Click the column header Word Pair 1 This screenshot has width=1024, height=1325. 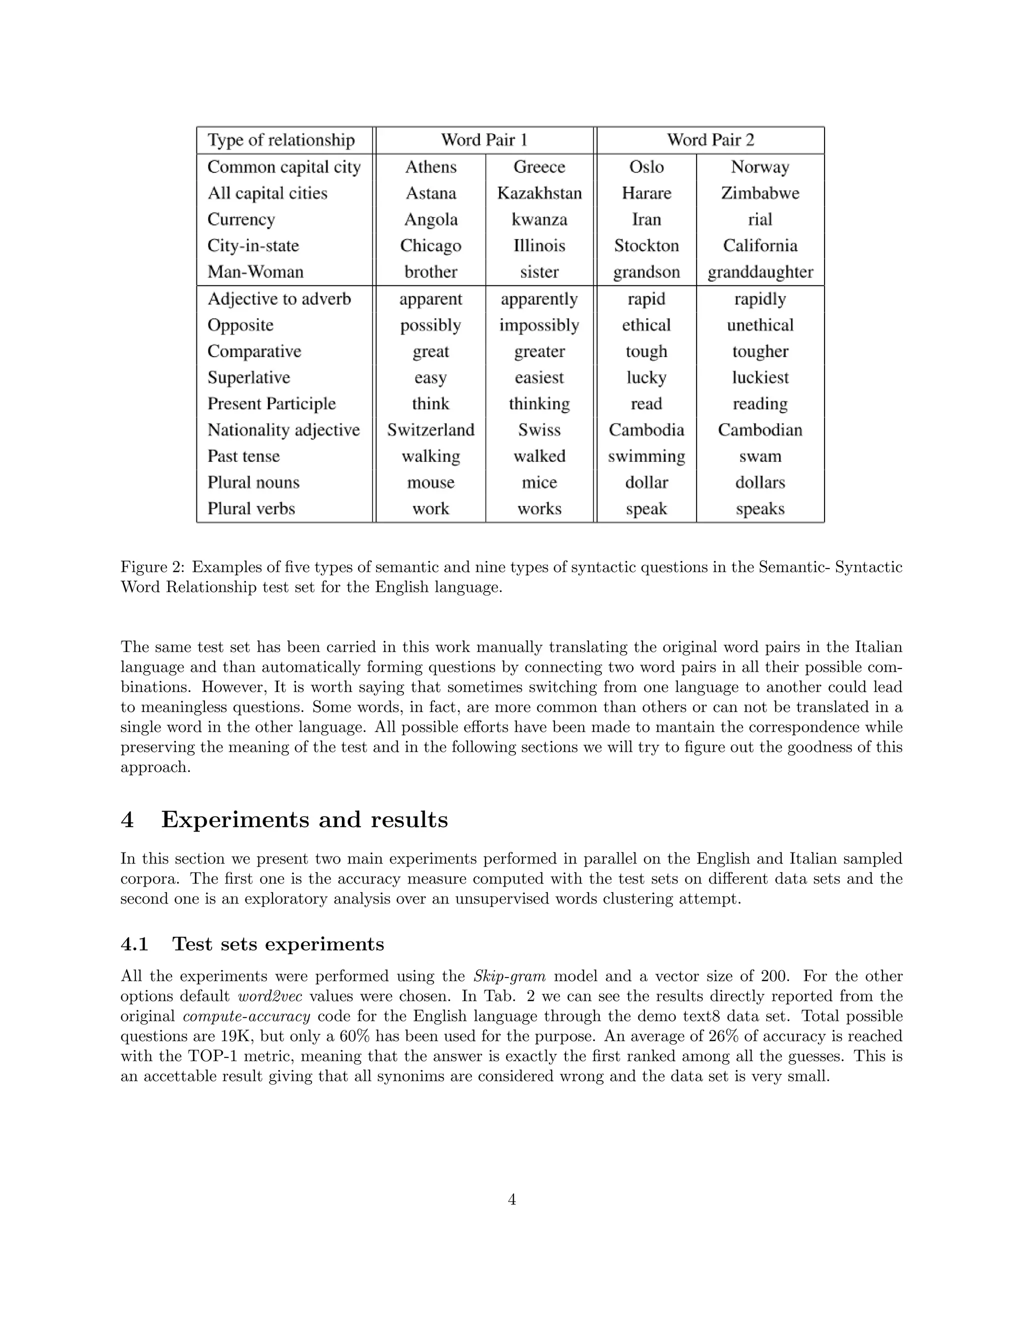tap(484, 140)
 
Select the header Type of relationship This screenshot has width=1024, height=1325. tap(281, 140)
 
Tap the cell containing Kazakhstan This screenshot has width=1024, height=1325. tap(539, 193)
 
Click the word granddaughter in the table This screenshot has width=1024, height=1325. tap(760, 272)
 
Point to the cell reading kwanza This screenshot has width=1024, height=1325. tap(539, 219)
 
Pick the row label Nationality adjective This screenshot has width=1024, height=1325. tap(283, 430)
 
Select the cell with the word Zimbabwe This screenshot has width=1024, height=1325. tap(760, 193)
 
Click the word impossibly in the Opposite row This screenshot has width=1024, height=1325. tap(539, 325)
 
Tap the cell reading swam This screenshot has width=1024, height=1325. tap(760, 456)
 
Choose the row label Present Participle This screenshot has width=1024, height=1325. tap(271, 404)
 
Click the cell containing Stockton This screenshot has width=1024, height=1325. tap(646, 245)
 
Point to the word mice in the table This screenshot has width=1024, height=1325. tap(539, 482)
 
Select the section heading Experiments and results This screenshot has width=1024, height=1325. tap(304, 819)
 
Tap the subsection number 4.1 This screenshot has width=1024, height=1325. tap(134, 944)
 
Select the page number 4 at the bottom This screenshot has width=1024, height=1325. tap(511, 1199)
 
